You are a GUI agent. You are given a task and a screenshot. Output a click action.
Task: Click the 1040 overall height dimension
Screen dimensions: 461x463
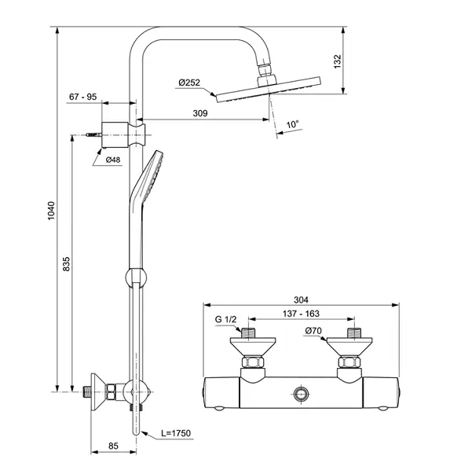pos(51,211)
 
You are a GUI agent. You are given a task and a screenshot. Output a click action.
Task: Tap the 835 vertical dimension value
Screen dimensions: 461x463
pos(67,264)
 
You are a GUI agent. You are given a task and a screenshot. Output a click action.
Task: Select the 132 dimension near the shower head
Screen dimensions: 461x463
pos(337,61)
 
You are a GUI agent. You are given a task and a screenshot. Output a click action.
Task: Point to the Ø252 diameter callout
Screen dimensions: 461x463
pos(189,83)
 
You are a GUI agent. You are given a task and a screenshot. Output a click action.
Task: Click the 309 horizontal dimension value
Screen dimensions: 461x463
pos(200,113)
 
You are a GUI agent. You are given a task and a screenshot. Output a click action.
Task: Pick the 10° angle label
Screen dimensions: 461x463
pos(293,124)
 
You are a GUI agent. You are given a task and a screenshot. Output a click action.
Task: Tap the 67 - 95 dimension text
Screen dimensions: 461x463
pos(83,97)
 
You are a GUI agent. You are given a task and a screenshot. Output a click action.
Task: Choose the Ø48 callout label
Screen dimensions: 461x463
pos(113,160)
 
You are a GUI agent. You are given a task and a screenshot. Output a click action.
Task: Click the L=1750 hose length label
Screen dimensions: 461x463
pos(176,433)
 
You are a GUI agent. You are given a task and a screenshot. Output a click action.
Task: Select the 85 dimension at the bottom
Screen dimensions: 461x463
pos(113,446)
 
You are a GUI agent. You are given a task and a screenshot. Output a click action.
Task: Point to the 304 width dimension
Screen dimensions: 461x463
pos(301,299)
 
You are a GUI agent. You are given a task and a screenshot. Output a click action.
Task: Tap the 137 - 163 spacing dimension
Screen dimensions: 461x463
pos(301,314)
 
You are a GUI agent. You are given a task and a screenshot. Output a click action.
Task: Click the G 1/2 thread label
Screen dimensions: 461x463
pos(225,319)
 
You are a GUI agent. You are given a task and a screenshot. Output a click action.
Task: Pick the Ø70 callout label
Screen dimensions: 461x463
pos(313,331)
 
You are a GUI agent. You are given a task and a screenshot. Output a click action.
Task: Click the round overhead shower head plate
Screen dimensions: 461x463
pos(269,90)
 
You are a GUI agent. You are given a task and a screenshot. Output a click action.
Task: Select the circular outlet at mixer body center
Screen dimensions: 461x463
pos(301,394)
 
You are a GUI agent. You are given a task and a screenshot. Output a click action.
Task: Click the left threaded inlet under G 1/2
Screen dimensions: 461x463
pos(248,333)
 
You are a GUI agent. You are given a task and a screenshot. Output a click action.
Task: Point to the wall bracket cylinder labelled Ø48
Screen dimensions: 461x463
pos(115,134)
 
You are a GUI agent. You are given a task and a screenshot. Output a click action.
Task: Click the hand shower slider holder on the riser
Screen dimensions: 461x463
pos(136,277)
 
